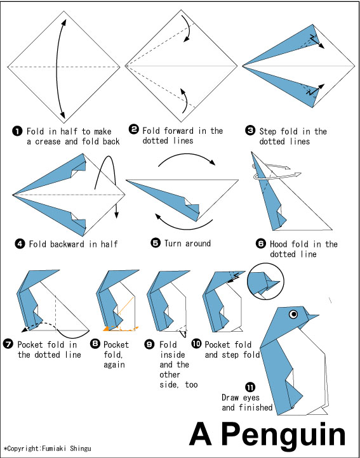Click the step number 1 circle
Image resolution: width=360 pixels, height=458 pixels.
tap(17, 131)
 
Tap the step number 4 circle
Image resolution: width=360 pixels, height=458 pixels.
tap(19, 244)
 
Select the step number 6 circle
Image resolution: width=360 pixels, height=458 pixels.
tap(260, 244)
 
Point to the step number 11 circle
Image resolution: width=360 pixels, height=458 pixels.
tap(250, 388)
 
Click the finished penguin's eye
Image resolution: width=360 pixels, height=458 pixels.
tap(293, 314)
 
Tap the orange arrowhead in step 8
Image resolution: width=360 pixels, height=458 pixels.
tap(106, 329)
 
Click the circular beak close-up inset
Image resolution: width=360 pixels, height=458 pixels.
tap(265, 282)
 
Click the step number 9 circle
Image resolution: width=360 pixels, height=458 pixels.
tap(149, 344)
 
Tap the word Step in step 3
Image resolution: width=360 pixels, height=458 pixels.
tap(267, 131)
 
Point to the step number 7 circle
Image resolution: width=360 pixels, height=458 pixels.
tap(8, 344)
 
